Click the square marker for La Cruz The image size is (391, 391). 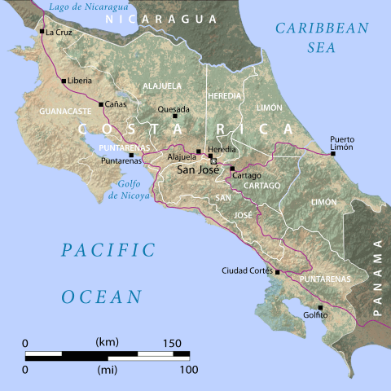42,32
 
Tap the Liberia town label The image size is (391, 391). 79,81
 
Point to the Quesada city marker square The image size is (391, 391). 174,116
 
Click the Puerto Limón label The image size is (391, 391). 342,144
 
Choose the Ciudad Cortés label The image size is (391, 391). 248,270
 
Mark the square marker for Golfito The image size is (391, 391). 320,308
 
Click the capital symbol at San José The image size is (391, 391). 214,161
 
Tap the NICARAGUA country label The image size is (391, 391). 166,18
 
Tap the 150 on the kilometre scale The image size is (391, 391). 172,342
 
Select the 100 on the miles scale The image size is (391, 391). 188,370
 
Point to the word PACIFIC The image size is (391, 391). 108,250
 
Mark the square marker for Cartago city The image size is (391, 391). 232,169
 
